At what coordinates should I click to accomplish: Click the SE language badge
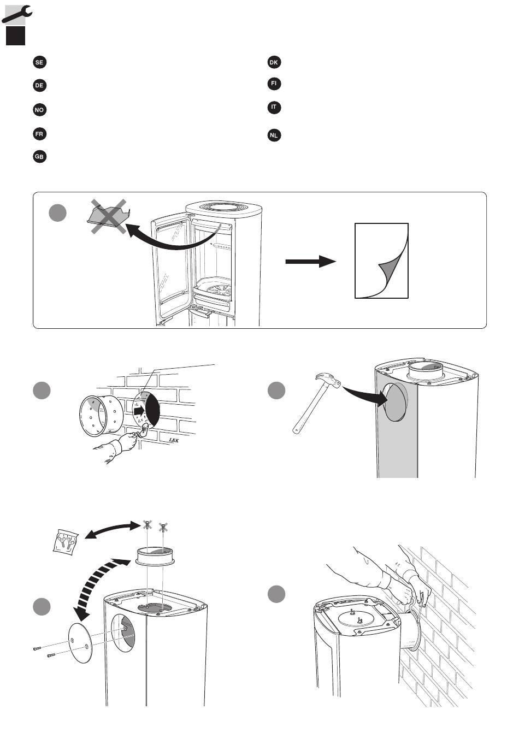(39, 62)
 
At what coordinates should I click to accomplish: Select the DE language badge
(39, 86)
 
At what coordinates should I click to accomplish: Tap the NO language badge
(39, 110)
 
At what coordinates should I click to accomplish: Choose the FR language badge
(39, 134)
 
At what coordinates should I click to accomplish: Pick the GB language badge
(39, 157)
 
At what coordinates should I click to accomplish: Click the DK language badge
(274, 62)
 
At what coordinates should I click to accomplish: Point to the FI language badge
(274, 84)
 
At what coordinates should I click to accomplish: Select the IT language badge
(274, 107)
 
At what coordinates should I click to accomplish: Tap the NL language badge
(274, 135)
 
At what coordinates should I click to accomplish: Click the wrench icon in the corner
(16, 13)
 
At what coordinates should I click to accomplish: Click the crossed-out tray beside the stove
(109, 216)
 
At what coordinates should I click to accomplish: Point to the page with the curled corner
(381, 260)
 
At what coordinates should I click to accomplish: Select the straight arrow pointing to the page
(310, 262)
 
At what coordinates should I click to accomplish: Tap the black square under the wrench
(15, 36)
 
